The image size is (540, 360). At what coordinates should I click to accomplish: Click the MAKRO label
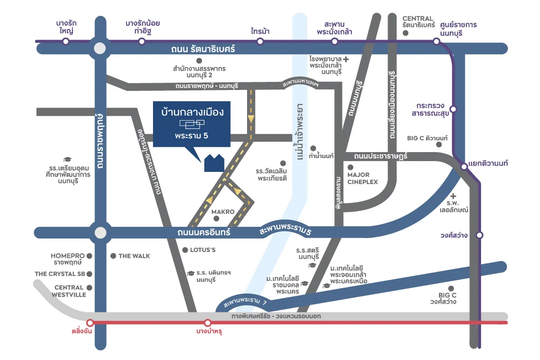point(223,211)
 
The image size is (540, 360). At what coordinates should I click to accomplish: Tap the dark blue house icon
point(214,162)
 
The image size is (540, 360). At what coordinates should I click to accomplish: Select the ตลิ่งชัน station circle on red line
point(90,323)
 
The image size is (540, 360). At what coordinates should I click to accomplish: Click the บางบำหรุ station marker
point(207,323)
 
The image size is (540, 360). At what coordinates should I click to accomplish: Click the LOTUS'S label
point(202,250)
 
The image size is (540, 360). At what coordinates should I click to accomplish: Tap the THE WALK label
point(134,256)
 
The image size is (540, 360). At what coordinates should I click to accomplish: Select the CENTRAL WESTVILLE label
point(69,291)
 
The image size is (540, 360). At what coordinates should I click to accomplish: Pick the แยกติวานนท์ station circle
point(464,167)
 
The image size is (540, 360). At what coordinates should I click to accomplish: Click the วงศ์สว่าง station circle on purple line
point(480,235)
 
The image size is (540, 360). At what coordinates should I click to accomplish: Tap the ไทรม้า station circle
point(260,41)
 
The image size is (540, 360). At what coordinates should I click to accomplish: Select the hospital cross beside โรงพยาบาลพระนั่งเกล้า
point(346,59)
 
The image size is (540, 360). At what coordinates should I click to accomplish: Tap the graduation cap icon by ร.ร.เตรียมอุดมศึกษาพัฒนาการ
point(67,160)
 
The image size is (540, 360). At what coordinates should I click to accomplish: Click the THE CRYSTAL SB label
point(60,274)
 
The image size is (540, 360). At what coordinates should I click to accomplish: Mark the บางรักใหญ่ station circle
point(66,41)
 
